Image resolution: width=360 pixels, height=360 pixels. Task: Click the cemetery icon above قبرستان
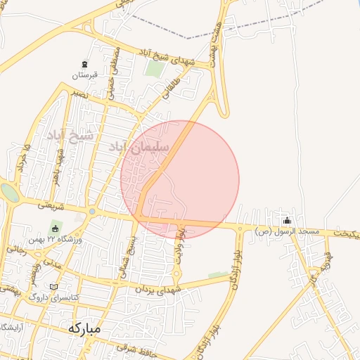[85, 64]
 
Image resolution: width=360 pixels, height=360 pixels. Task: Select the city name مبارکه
[85, 328]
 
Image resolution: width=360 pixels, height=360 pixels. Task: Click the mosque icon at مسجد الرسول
[286, 221]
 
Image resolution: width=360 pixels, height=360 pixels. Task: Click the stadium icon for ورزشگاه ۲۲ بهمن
[55, 229]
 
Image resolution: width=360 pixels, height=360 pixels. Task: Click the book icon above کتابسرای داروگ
[56, 287]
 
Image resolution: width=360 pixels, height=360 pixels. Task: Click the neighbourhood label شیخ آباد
[70, 134]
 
